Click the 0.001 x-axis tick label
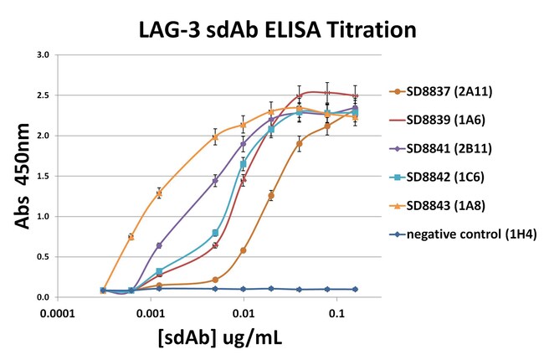click(x=151, y=312)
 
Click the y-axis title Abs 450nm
click(x=18, y=177)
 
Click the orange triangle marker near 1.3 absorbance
click(x=159, y=193)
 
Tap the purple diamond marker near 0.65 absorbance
click(x=159, y=245)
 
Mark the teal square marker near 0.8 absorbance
click(x=215, y=233)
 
